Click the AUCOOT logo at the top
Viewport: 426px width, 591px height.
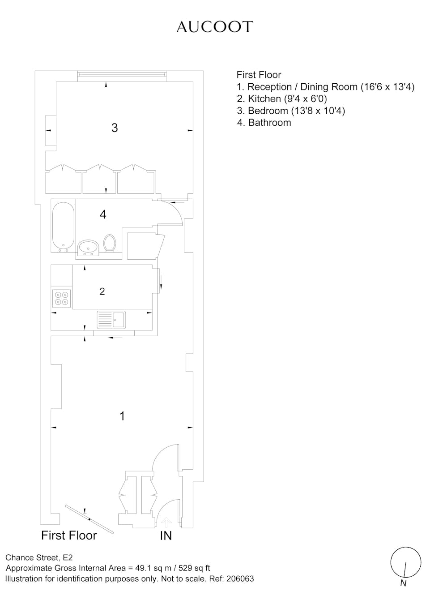(x=215, y=27)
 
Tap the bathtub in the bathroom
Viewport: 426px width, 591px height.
(x=63, y=227)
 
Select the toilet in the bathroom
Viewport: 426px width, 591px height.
(x=110, y=243)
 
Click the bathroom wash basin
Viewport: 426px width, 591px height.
(x=88, y=248)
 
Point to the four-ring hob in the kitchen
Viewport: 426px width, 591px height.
(x=61, y=298)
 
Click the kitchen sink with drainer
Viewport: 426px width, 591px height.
(x=111, y=320)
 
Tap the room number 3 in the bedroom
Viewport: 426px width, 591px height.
(x=115, y=128)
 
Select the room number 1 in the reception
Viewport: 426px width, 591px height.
(x=122, y=416)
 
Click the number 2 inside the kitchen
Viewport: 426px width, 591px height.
(x=102, y=291)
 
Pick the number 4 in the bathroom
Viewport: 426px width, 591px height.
(x=103, y=215)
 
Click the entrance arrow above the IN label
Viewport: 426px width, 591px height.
(x=166, y=522)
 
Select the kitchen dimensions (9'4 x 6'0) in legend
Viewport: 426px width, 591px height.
(x=305, y=98)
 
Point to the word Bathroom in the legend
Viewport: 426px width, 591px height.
(x=269, y=123)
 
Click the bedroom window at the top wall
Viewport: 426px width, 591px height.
(x=122, y=76)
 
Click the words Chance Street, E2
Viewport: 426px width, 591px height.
(x=39, y=557)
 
